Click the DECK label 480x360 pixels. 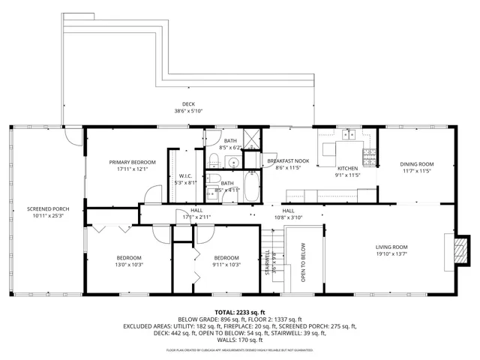187,104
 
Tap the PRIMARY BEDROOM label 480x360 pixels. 132,163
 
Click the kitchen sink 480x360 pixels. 348,135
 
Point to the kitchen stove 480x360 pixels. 369,157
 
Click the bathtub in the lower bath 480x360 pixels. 250,187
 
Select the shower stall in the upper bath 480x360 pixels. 253,138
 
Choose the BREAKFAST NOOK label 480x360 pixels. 288,161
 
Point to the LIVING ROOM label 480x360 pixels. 391,247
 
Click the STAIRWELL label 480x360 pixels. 267,260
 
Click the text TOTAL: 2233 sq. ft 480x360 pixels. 240,312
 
